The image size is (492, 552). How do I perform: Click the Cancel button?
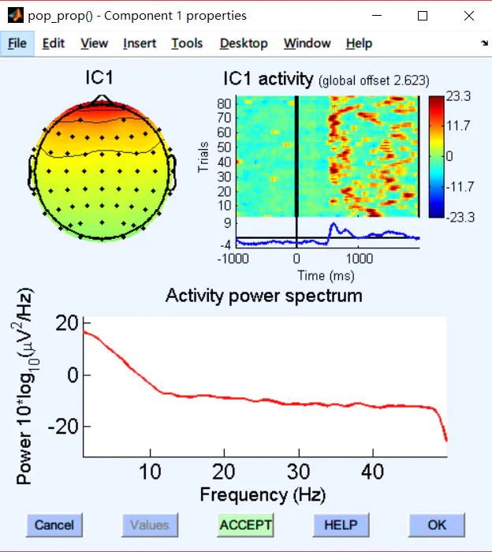coord(54,525)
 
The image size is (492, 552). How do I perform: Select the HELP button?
coord(340,525)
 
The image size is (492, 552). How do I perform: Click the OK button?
coord(436,525)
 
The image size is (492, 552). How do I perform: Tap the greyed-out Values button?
coord(150,525)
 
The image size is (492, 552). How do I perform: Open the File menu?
coord(17,43)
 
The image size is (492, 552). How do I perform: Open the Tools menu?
coord(187,43)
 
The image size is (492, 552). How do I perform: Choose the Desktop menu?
coord(244,43)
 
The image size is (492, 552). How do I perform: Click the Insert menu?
coord(140,43)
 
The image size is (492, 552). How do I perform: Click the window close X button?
coord(469,16)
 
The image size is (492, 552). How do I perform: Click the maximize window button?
coord(423,16)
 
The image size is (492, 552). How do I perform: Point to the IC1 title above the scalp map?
coord(99,78)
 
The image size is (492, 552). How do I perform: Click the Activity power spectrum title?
coord(263,297)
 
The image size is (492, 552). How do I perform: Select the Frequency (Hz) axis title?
coord(263,495)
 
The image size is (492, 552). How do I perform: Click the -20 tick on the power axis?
coord(63,427)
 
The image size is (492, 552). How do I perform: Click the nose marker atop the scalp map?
coord(100,99)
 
